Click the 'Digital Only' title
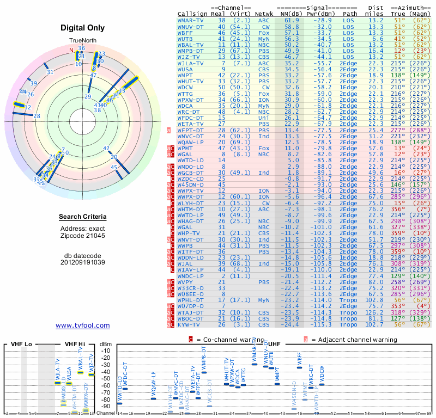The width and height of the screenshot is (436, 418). coord(83,28)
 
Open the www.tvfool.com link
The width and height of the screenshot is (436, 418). coord(83,325)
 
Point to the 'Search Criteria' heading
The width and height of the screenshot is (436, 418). coord(83,217)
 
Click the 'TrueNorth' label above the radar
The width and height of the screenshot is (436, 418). coord(83,41)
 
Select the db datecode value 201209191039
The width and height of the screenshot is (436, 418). coord(83,262)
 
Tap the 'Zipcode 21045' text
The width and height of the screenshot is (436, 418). coord(83,236)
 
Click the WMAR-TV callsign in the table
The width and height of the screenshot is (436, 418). coord(191,20)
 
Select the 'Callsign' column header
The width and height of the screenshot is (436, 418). coord(192,14)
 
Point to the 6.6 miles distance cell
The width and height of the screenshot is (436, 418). coord(377,39)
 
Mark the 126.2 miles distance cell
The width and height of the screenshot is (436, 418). coord(374,312)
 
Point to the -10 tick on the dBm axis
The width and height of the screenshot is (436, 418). coord(106,351)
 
